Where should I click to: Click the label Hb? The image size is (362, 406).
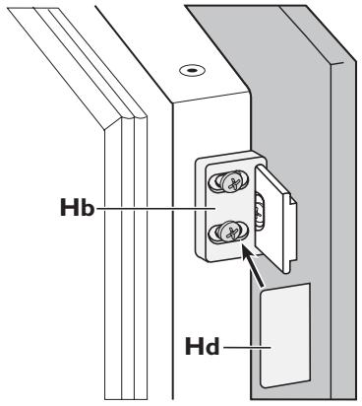(x=78, y=207)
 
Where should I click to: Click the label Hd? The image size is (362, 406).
(x=202, y=346)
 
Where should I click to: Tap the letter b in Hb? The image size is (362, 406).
(x=88, y=207)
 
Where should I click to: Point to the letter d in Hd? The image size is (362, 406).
(x=211, y=346)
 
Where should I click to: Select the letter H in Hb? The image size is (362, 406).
(x=69, y=207)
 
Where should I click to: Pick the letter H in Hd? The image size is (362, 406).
(x=194, y=346)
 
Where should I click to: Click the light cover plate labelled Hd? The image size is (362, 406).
(x=285, y=335)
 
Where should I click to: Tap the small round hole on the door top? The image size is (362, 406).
(x=192, y=70)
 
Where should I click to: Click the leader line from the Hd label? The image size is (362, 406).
(x=246, y=347)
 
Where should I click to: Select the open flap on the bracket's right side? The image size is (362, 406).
(x=272, y=218)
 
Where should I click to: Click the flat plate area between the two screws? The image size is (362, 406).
(x=229, y=208)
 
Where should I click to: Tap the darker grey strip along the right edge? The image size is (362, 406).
(x=343, y=230)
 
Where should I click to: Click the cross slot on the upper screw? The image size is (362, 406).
(x=232, y=182)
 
